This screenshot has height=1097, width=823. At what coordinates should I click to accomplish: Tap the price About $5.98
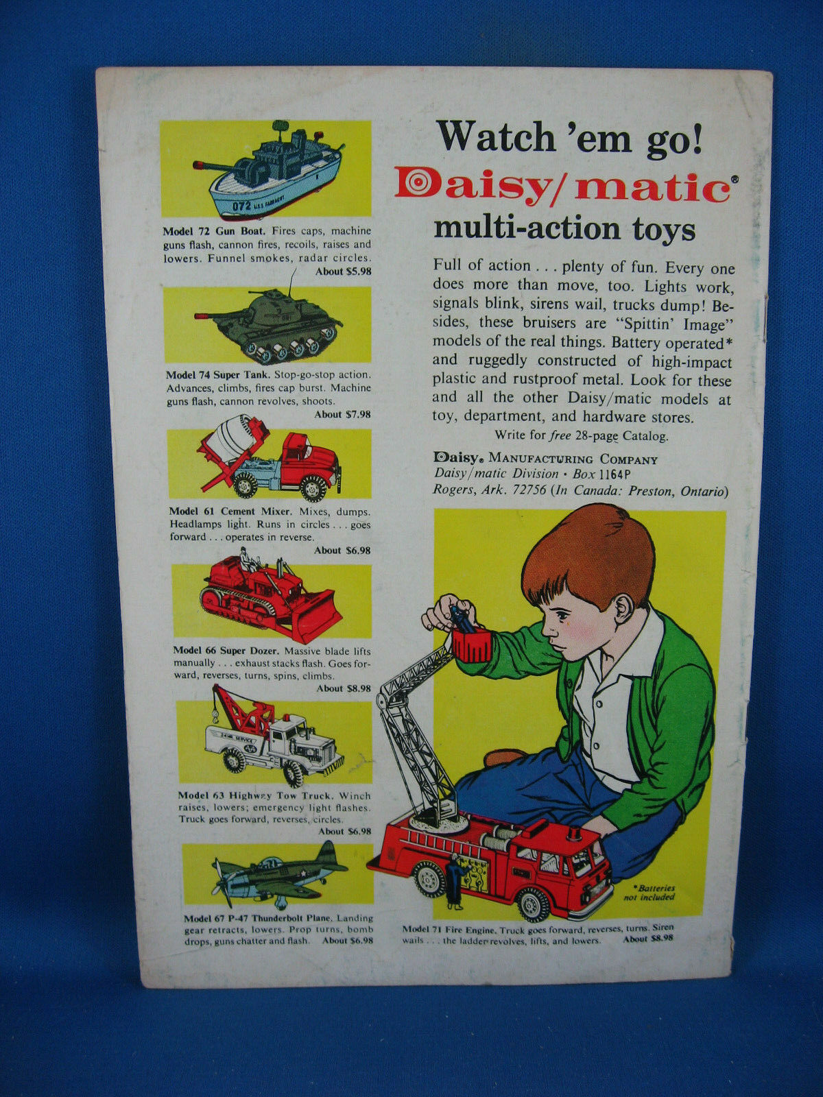pyautogui.click(x=343, y=272)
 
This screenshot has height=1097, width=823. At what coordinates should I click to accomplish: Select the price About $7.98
pyautogui.click(x=342, y=414)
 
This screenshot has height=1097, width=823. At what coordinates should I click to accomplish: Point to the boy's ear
pyautogui.click(x=624, y=606)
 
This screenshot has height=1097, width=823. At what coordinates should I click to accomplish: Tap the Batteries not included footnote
pyautogui.click(x=649, y=893)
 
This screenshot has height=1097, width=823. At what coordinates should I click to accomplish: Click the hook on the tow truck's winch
pyautogui.click(x=216, y=717)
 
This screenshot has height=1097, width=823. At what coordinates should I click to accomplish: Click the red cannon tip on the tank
pyautogui.click(x=201, y=316)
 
